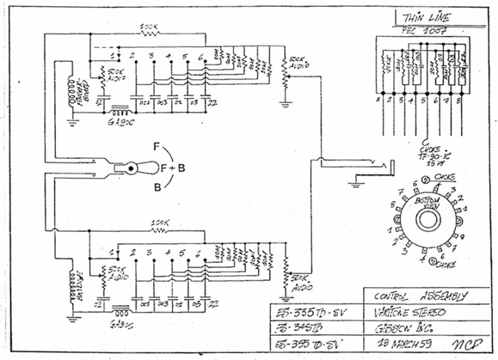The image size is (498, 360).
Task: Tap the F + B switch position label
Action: click(x=172, y=168)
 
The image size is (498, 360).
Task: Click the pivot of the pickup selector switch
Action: click(x=132, y=168)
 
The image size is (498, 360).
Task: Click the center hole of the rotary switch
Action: click(x=427, y=220)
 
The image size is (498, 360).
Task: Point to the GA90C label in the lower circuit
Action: click(x=121, y=323)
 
